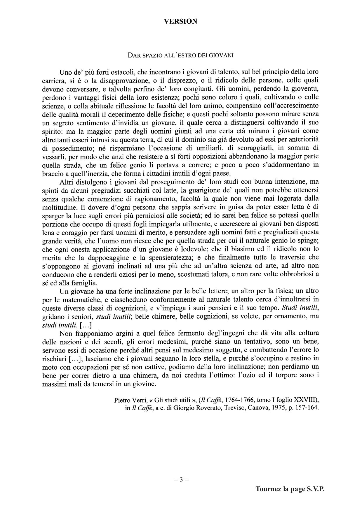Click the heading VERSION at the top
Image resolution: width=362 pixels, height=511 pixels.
(x=180, y=21)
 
